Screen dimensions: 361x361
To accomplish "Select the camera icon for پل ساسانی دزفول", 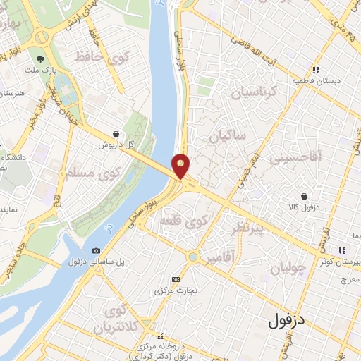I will pyautogui.click(x=96, y=251).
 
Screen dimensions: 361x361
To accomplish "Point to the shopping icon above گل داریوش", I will pyautogui.click(x=116, y=134).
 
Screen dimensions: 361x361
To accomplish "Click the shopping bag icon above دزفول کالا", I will pyautogui.click(x=304, y=196).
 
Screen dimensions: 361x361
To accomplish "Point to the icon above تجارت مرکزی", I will pyautogui.click(x=176, y=279).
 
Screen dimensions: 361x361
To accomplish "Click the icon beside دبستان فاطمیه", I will pyautogui.click(x=317, y=70).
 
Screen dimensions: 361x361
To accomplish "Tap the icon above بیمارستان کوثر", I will pyautogui.click(x=342, y=250).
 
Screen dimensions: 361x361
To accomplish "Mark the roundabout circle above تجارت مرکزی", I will pyautogui.click(x=192, y=257).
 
